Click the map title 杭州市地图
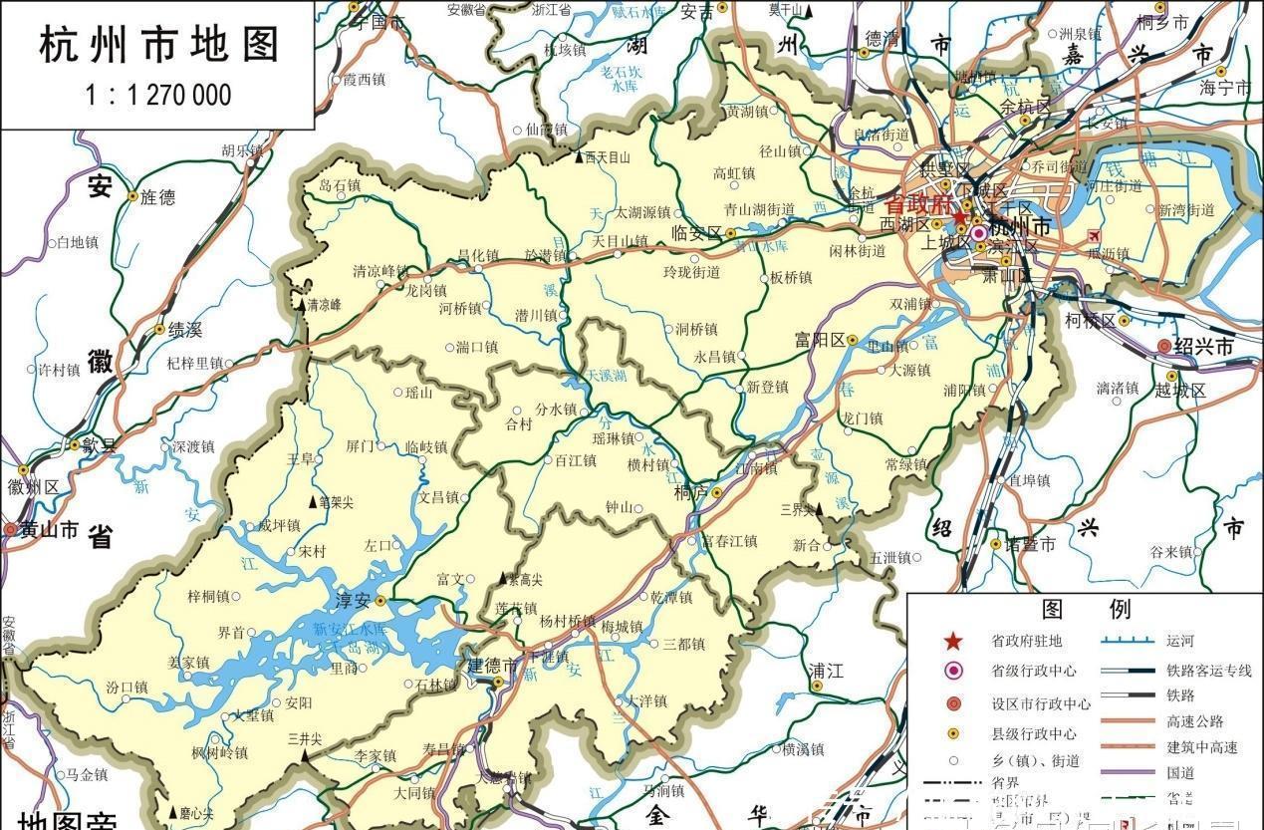(159, 46)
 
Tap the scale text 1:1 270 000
(158, 96)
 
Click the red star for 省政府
(959, 218)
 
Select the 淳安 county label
(353, 601)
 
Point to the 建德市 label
(492, 665)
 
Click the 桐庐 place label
(691, 492)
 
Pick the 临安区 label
(696, 233)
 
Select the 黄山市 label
(48, 530)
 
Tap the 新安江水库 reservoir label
(348, 630)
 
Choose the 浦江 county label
(827, 669)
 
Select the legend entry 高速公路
(1195, 721)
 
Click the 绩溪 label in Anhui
(184, 329)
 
